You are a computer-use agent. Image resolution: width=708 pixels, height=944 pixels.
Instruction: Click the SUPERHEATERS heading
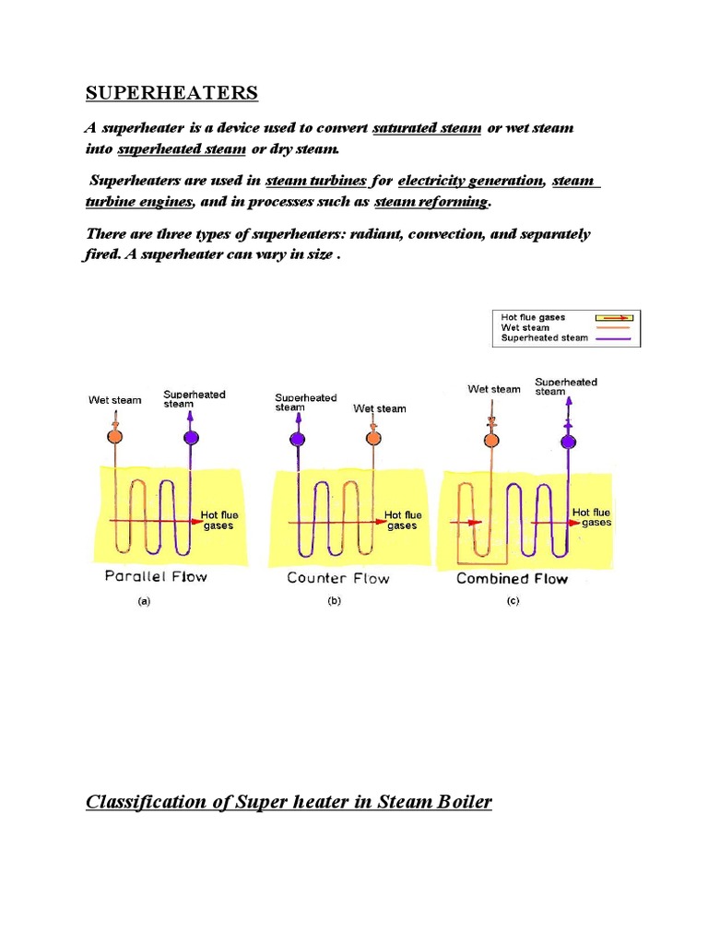pyautogui.click(x=172, y=93)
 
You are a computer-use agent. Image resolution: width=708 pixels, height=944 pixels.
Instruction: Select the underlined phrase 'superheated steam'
pyautogui.click(x=182, y=148)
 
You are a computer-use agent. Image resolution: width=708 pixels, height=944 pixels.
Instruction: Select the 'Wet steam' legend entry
pyautogui.click(x=525, y=327)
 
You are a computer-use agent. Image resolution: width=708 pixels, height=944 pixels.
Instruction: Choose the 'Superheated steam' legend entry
pyautogui.click(x=544, y=338)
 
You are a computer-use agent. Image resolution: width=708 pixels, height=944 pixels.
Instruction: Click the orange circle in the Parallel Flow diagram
pyautogui.click(x=114, y=437)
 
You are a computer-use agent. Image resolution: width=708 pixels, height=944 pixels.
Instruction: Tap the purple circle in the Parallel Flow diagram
pyautogui.click(x=191, y=437)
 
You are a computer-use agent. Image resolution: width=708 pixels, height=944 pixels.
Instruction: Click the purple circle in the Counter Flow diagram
pyautogui.click(x=297, y=440)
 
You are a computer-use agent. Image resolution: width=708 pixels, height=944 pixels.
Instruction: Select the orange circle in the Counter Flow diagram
pyautogui.click(x=372, y=440)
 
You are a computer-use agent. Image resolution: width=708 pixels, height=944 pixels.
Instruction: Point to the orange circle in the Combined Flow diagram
pyautogui.click(x=491, y=442)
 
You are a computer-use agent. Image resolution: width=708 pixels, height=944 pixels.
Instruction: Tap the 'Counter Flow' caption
pyautogui.click(x=338, y=579)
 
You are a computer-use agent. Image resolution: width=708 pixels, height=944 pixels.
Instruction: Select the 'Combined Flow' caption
pyautogui.click(x=513, y=579)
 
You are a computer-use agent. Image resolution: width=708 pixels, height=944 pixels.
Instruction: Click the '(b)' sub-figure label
pyautogui.click(x=334, y=601)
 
